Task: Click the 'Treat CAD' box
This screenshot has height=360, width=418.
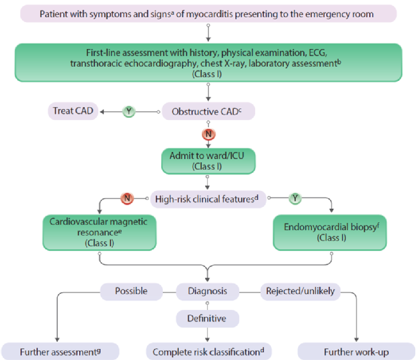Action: pos(71,111)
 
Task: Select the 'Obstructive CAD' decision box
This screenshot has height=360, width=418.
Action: pos(207,111)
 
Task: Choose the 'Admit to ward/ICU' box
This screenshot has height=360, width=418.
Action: pos(207,161)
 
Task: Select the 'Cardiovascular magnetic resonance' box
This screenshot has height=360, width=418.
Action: pos(100,232)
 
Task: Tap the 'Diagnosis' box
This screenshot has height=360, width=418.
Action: pos(207,291)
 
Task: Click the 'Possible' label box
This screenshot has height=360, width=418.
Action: pos(131,291)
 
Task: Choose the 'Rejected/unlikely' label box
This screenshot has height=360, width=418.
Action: pos(300,291)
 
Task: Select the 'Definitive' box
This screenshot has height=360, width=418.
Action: pos(207,319)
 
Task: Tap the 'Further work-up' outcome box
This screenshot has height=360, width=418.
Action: pos(356,351)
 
